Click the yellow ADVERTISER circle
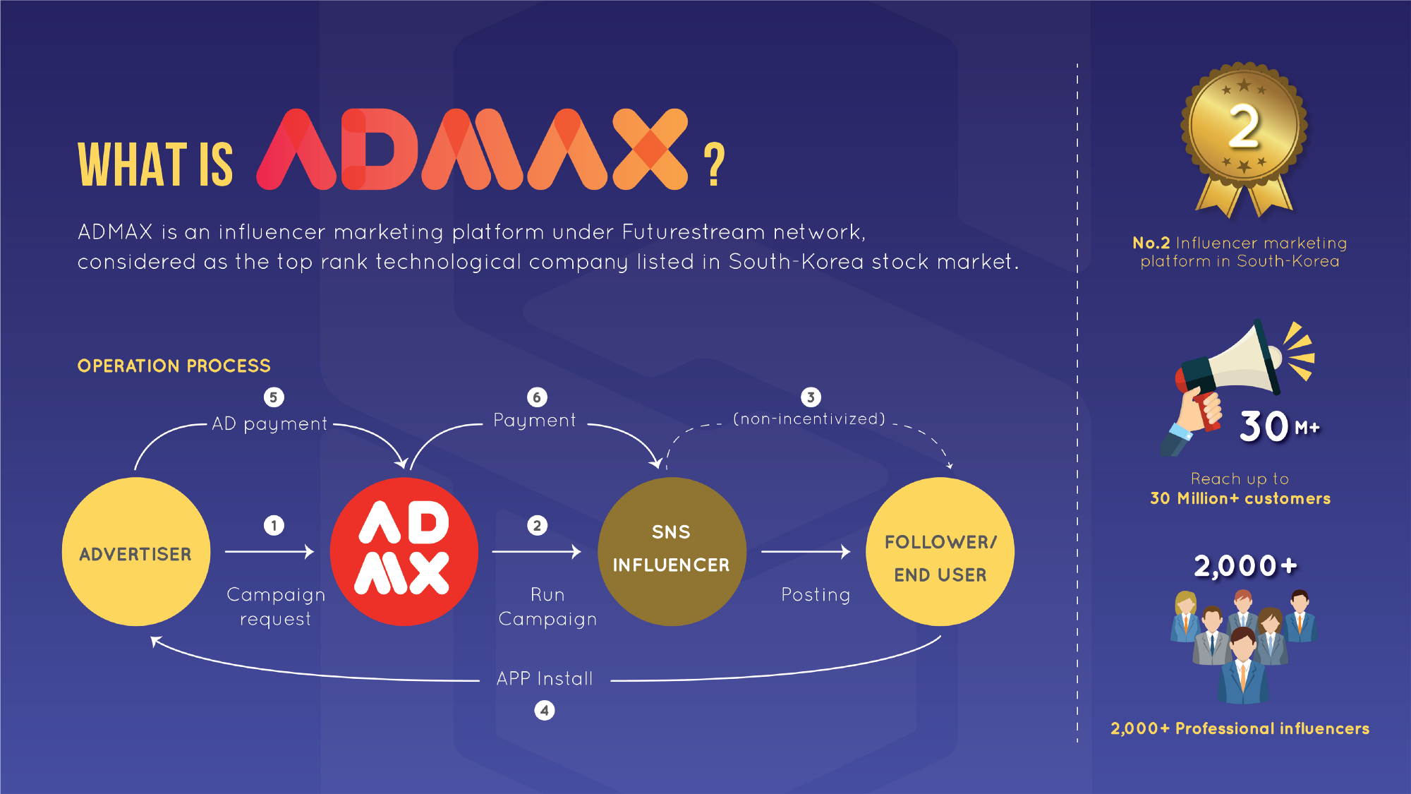[135, 552]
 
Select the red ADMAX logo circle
[404, 551]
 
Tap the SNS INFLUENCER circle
[671, 551]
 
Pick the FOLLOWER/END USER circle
[940, 551]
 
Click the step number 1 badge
[274, 525]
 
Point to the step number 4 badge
[544, 710]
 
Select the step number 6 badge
[537, 397]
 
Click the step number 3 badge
[811, 397]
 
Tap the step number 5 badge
[274, 397]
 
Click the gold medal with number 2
[1244, 127]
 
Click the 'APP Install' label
[545, 679]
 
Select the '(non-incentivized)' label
[809, 419]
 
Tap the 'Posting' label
[816, 595]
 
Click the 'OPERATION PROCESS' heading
[174, 366]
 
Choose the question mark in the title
[714, 164]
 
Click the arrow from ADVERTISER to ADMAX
[270, 551]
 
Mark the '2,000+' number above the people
[1245, 566]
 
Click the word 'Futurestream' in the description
[693, 232]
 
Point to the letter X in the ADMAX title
[650, 149]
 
